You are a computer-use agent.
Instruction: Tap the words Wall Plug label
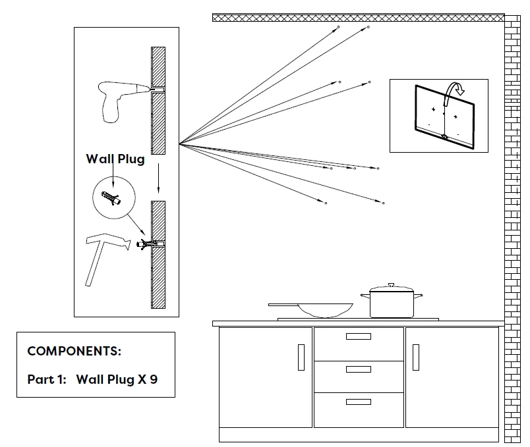pyautogui.click(x=115, y=159)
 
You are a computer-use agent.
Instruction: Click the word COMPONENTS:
pyautogui.click(x=74, y=351)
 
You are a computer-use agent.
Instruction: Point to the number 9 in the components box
pyautogui.click(x=154, y=379)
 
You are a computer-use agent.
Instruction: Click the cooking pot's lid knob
pyautogui.click(x=391, y=285)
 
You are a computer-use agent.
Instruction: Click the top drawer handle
pyautogui.click(x=358, y=336)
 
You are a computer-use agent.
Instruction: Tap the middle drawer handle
pyautogui.click(x=358, y=369)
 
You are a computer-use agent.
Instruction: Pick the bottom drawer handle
pyautogui.click(x=358, y=402)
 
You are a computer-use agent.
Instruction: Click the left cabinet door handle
pyautogui.click(x=301, y=357)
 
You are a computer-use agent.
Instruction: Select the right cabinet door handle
pyautogui.click(x=415, y=357)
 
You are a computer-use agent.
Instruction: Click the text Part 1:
pyautogui.click(x=46, y=379)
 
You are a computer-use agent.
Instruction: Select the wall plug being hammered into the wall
pyautogui.click(x=146, y=244)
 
